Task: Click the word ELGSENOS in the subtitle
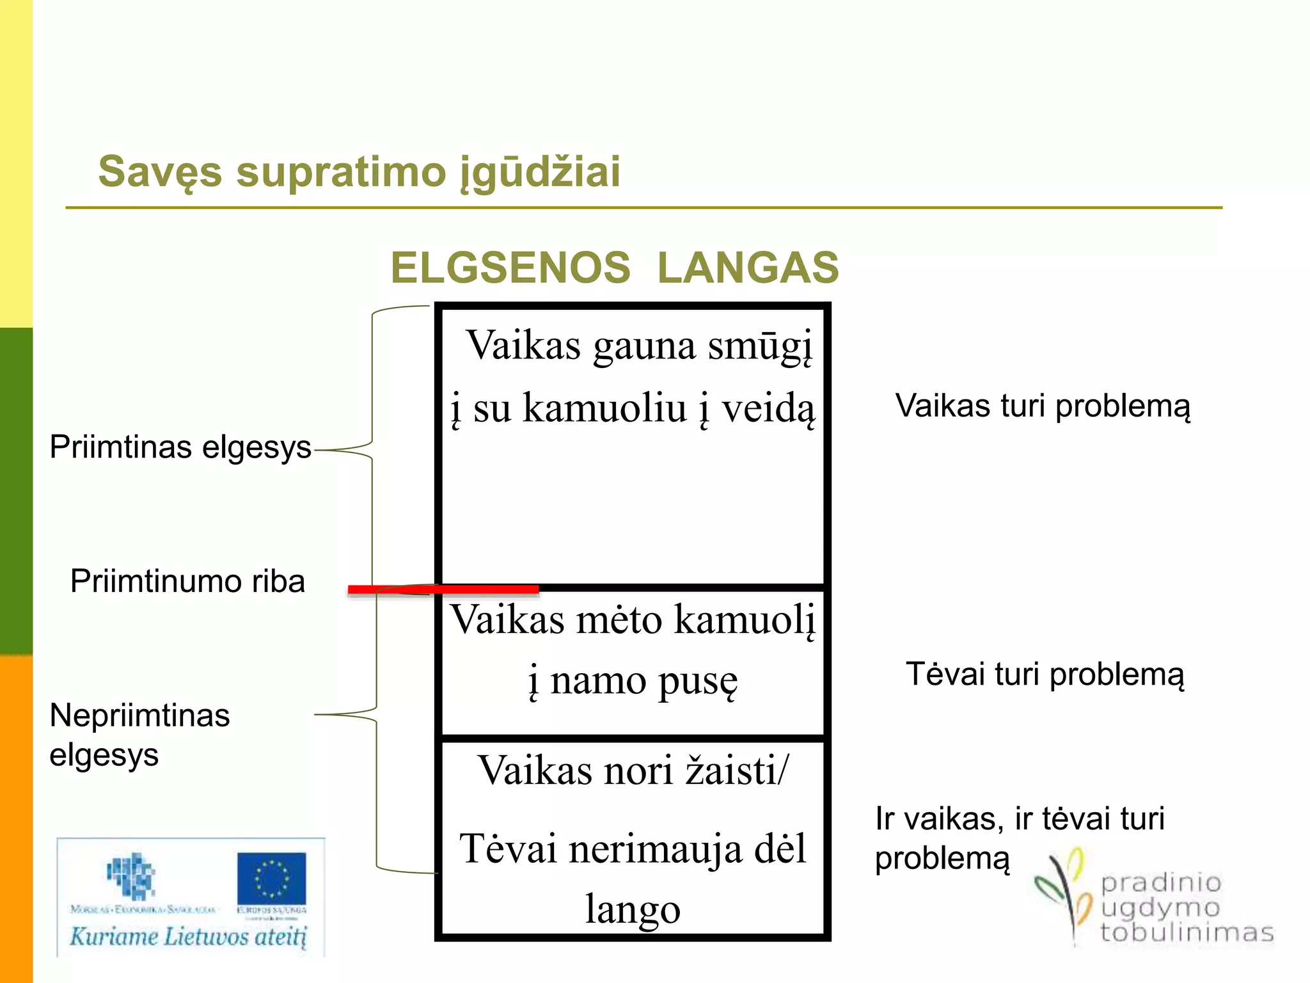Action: pos(510,268)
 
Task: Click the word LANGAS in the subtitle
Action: pos(748,268)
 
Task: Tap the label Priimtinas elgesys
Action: pos(180,447)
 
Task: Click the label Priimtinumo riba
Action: pos(187,581)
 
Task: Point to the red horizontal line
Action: pos(443,589)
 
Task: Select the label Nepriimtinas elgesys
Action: pos(139,735)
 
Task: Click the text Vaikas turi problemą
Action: pos(1042,406)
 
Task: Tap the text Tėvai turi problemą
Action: pos(1045,675)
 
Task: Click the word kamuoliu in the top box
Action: pos(604,407)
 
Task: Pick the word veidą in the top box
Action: pos(768,408)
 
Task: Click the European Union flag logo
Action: pos(271,878)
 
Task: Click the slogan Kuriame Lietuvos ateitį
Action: pos(188,936)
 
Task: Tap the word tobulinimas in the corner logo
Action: pos(1187,932)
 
